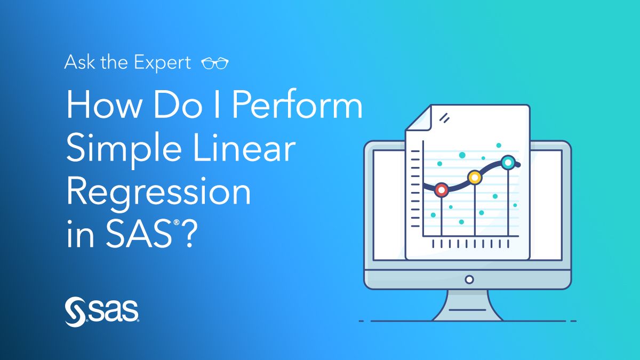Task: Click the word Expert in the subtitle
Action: tap(162, 63)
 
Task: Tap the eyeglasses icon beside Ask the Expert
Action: tap(215, 63)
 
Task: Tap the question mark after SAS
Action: tap(190, 234)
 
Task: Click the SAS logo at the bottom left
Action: tap(102, 312)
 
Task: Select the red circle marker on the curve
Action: tap(442, 190)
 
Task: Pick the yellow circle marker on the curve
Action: tap(475, 178)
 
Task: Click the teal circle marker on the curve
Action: tap(508, 163)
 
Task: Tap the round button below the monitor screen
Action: tap(469, 279)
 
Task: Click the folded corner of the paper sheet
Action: tap(419, 119)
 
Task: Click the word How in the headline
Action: tap(105, 105)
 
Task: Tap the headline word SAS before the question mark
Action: tap(139, 234)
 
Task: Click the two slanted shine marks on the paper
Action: tap(445, 118)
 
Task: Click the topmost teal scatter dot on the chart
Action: tap(499, 145)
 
